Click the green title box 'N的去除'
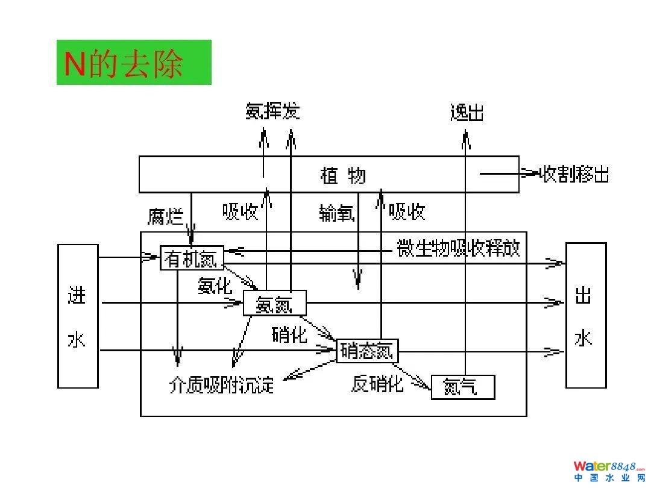[x=134, y=63]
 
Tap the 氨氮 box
[x=274, y=303]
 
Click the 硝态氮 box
[x=367, y=351]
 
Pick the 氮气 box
[x=462, y=387]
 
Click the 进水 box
[x=78, y=316]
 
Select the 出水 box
[x=585, y=315]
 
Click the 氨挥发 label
[x=272, y=111]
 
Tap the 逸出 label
[x=467, y=113]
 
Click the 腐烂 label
[x=166, y=216]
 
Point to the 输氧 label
[x=336, y=212]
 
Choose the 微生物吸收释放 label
[x=458, y=248]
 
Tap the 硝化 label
[x=289, y=334]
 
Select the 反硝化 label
[x=377, y=383]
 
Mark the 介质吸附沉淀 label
[x=222, y=384]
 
